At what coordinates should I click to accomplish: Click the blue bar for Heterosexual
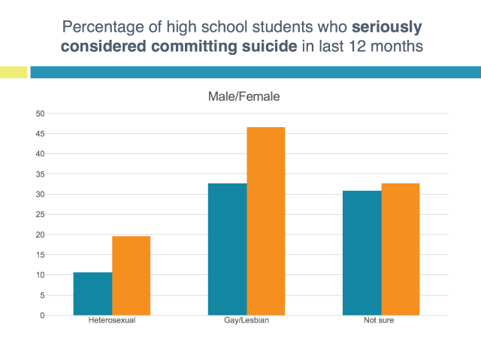(x=92, y=294)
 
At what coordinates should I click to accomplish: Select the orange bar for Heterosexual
(x=132, y=276)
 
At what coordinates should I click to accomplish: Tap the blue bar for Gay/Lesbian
(x=227, y=250)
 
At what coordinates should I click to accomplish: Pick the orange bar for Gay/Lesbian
(x=266, y=222)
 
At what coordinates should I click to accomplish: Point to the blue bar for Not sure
(x=362, y=253)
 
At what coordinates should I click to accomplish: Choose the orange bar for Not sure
(x=401, y=250)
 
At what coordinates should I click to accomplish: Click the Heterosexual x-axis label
(x=112, y=322)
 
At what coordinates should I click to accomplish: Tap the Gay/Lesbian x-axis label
(x=247, y=322)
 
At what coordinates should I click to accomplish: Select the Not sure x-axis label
(x=381, y=322)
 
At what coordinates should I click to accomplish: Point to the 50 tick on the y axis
(x=41, y=113)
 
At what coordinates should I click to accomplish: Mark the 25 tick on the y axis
(x=41, y=214)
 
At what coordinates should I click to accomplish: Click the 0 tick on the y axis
(x=43, y=315)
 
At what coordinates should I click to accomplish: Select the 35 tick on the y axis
(x=41, y=174)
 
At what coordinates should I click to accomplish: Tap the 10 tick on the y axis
(x=41, y=275)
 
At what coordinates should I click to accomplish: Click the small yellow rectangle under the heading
(x=14, y=72)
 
